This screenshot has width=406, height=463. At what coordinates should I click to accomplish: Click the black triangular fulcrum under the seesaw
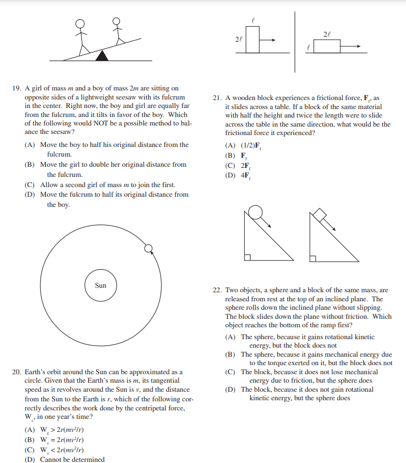point(102,55)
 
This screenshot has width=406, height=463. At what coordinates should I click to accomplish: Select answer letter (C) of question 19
point(29,185)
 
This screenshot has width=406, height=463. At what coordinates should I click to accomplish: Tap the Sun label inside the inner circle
point(101,285)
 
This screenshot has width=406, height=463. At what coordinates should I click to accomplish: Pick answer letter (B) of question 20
point(29,439)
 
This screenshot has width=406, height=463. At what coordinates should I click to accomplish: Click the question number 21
point(217,98)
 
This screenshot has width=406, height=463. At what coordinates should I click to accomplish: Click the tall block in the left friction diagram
point(253,40)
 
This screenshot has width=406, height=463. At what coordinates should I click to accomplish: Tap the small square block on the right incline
point(319,215)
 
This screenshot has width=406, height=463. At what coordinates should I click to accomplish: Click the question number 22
point(217,290)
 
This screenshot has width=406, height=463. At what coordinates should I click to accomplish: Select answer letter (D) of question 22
point(230,390)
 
